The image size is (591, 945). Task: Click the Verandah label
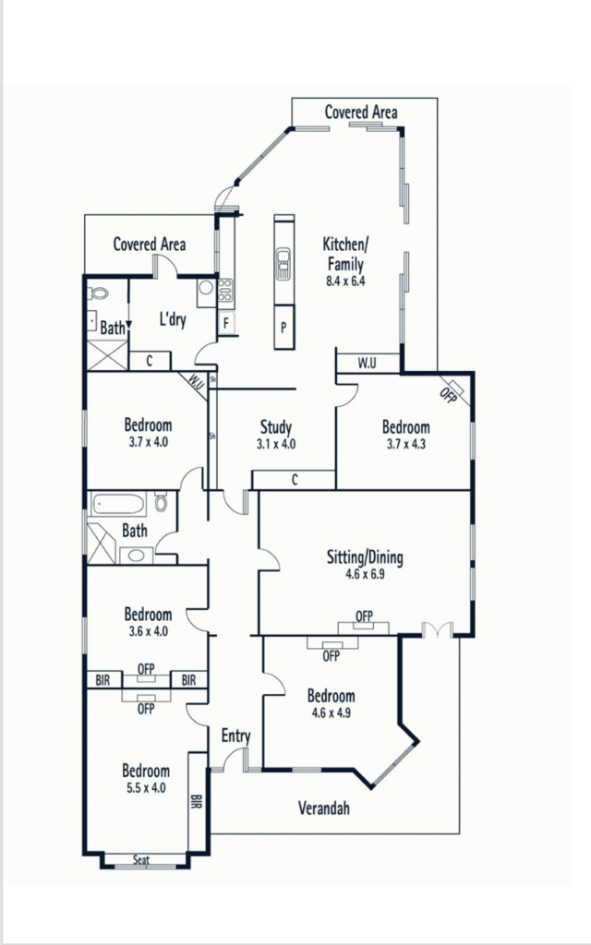pos(324,807)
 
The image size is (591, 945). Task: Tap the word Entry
pos(235,736)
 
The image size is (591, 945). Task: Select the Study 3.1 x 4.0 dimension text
pos(275,444)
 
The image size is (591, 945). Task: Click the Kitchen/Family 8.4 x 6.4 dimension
pos(345,281)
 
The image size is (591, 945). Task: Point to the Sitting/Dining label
pos(365,556)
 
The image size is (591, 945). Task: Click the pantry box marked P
pos(284,328)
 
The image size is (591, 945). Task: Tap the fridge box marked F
pos(226,323)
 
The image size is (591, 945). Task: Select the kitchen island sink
pos(284,263)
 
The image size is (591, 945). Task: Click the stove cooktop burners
pos(225,290)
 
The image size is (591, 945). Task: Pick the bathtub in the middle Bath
pos(118,504)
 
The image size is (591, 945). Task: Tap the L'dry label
pos(173,318)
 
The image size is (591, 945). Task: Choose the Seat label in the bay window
pos(141,860)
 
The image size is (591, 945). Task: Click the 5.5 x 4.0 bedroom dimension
pos(146,788)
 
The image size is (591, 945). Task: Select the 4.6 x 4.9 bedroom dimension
pos(332,713)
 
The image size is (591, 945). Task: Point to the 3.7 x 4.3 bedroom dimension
pos(406,444)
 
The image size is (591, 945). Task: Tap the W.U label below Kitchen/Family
pos(367,363)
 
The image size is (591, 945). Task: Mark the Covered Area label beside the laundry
pos(150,244)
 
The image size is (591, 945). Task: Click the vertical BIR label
pos(197,802)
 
